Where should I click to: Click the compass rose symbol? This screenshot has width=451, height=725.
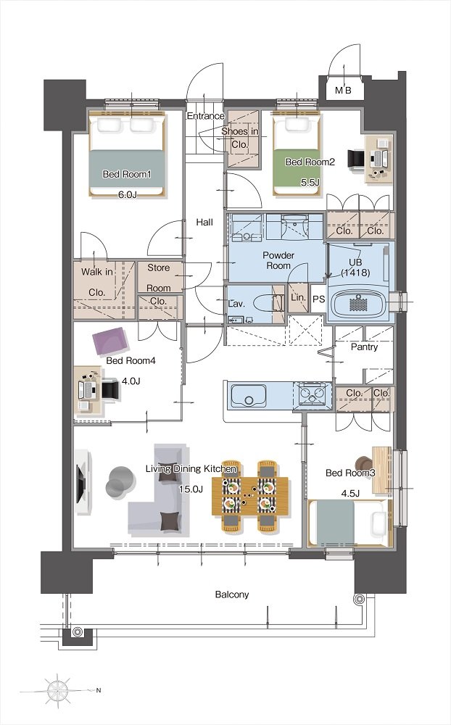[58, 691]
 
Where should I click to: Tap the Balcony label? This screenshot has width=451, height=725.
[232, 594]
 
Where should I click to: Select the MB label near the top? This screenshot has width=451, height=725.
[343, 91]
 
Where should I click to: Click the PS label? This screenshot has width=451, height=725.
[319, 299]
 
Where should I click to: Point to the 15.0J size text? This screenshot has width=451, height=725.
[191, 489]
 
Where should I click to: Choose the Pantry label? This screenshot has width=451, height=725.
[364, 347]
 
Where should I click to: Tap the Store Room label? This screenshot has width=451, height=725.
[159, 278]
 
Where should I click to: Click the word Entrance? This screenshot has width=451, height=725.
[205, 116]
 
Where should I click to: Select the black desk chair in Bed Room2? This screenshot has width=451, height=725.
[357, 159]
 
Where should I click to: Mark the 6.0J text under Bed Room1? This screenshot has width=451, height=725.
[127, 194]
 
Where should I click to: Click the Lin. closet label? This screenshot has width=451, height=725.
[298, 298]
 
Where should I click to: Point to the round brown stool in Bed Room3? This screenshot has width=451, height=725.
[364, 464]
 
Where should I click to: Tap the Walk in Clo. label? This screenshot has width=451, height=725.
[97, 282]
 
